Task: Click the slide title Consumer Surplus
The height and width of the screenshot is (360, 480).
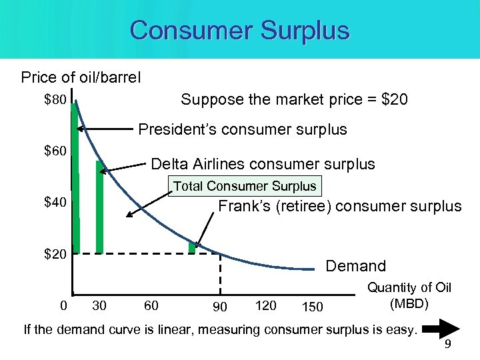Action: [239, 31]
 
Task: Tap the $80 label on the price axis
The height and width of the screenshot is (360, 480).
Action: [55, 101]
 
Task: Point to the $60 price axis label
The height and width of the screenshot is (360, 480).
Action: [55, 151]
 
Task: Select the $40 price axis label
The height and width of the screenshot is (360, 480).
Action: [55, 202]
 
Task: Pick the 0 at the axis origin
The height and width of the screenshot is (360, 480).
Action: [63, 306]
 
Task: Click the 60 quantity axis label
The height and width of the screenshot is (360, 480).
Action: [151, 306]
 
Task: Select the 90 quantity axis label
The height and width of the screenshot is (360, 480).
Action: [219, 307]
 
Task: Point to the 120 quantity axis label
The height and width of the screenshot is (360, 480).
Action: [265, 305]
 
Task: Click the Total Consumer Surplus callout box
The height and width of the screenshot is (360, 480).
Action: [245, 186]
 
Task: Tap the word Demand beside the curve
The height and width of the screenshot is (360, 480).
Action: [355, 267]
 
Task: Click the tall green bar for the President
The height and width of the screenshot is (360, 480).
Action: [75, 180]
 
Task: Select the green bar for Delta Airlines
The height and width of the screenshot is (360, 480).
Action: [100, 207]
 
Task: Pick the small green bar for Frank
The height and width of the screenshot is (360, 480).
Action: [192, 247]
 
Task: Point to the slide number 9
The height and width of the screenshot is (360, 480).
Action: [448, 345]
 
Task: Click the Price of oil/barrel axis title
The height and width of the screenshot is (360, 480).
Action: [81, 77]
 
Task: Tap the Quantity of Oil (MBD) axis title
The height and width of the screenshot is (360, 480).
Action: [409, 295]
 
